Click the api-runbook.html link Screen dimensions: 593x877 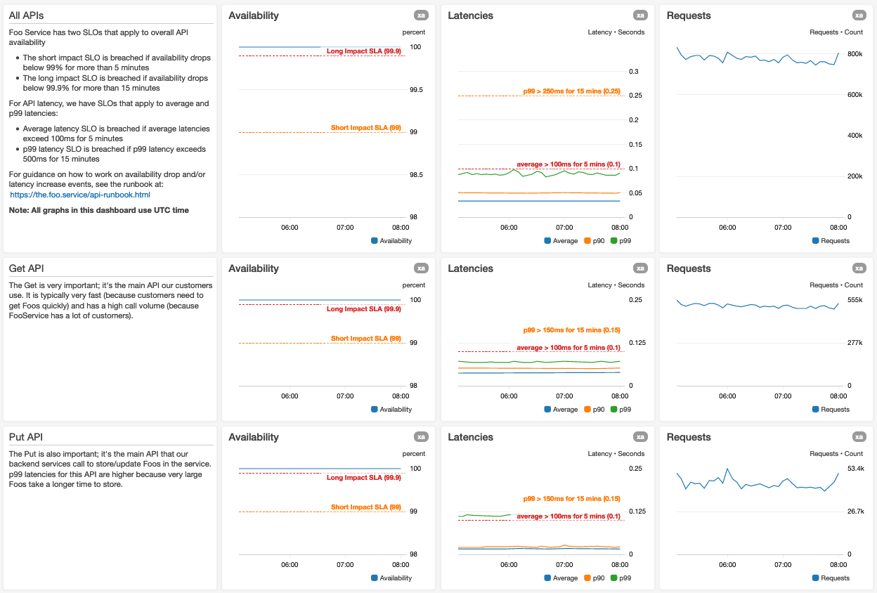point(80,195)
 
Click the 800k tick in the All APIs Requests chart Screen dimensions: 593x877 point(855,54)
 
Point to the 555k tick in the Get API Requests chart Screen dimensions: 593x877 point(855,300)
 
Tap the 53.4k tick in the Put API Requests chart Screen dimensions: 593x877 point(855,469)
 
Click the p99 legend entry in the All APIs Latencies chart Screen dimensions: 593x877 point(621,241)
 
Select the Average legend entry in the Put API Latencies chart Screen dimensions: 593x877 point(561,578)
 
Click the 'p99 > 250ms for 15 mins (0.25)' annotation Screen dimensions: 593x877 point(571,91)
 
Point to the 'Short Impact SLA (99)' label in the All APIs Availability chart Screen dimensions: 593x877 point(365,128)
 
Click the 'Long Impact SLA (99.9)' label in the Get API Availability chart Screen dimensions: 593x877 point(363,309)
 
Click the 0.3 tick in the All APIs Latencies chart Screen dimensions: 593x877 point(633,72)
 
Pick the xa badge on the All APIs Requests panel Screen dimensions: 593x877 point(859,15)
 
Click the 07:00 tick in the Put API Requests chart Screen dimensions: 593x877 point(783,565)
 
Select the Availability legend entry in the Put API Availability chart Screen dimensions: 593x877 point(391,578)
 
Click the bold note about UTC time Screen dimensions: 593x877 point(99,210)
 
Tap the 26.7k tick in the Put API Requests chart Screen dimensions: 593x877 point(855,511)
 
